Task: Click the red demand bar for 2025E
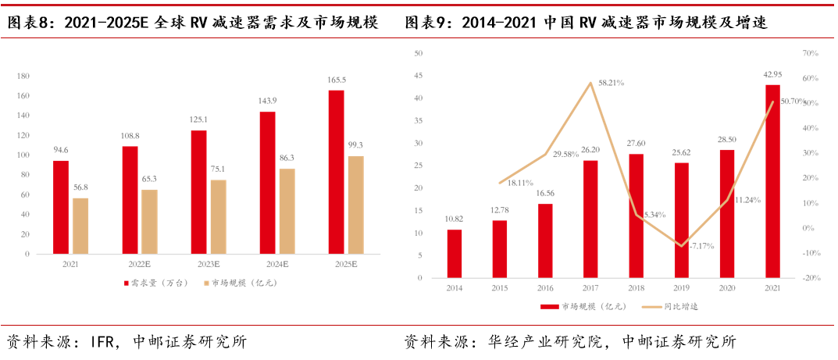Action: tap(336, 172)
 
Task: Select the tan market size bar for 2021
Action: tap(80, 226)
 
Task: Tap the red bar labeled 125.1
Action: tap(199, 192)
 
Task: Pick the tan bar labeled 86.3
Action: tap(287, 211)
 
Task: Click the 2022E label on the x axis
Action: tap(139, 266)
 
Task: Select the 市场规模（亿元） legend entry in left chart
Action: tap(234, 282)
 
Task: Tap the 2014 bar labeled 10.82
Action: tap(455, 254)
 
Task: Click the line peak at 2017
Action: tap(591, 83)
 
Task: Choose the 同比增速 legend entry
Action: tap(675, 307)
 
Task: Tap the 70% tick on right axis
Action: tap(809, 54)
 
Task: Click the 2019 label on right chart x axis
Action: tap(682, 288)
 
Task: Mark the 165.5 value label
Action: tap(336, 80)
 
